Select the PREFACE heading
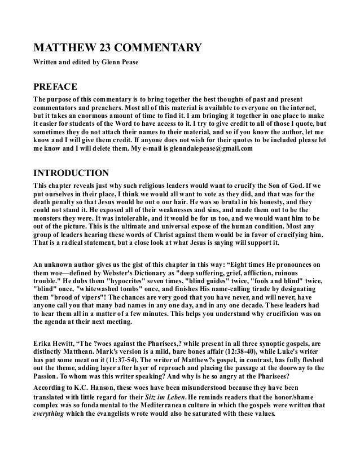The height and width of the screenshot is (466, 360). [x=56, y=86]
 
